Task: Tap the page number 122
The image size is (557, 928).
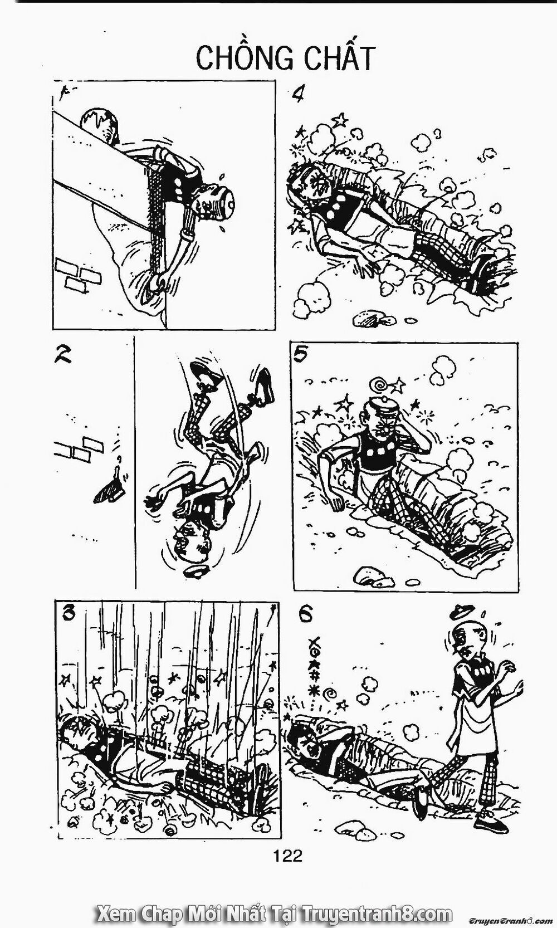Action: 288,855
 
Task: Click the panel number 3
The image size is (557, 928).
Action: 70,613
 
